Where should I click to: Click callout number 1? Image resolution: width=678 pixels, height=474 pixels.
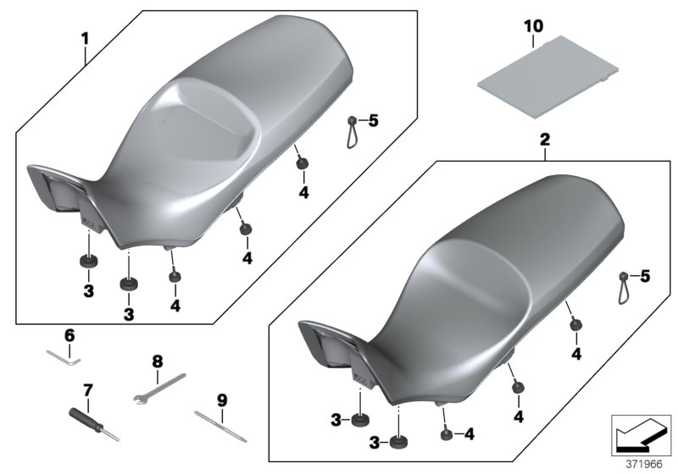coord(84,37)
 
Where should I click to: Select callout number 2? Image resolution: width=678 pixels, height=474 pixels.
coord(546,139)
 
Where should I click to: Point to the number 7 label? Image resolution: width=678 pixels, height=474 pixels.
coord(86,390)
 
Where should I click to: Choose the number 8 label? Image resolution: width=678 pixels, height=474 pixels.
coord(157,361)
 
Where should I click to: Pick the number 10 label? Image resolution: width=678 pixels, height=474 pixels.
coord(532,27)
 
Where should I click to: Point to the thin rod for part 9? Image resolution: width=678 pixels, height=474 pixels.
coord(220,427)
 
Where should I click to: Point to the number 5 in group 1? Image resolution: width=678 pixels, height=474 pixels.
coord(374,120)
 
